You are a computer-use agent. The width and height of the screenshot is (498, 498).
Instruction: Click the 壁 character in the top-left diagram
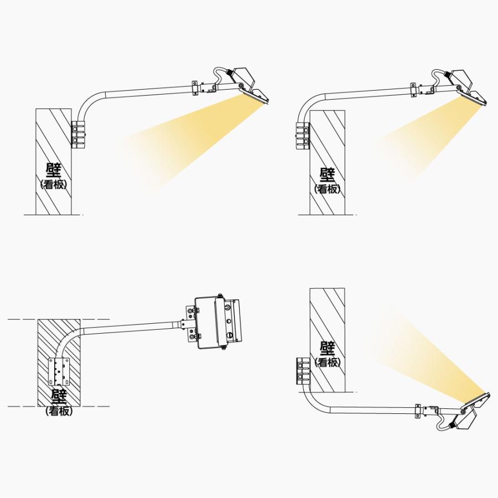pos(53,170)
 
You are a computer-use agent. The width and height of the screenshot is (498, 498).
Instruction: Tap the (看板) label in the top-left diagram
pos(53,185)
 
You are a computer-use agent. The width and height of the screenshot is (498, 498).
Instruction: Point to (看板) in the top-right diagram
pos(328,189)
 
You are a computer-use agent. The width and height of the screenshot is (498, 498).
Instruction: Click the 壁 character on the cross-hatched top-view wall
pos(59,397)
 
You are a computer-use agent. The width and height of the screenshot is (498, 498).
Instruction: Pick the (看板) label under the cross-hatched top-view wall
pos(59,411)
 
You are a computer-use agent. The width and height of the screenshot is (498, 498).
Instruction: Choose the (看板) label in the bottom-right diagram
pos(328,362)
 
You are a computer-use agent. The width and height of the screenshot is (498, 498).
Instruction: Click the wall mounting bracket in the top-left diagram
pos(78,134)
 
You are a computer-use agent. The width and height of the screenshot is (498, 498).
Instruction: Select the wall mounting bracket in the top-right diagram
pos(303,137)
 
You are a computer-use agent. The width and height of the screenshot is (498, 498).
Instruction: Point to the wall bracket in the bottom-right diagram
pos(303,371)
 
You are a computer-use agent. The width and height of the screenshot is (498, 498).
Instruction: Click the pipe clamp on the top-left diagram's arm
pos(195,88)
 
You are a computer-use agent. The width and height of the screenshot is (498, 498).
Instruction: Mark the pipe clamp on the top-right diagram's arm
pos(413,89)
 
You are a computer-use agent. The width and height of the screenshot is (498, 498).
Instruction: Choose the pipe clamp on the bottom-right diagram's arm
pos(417,411)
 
